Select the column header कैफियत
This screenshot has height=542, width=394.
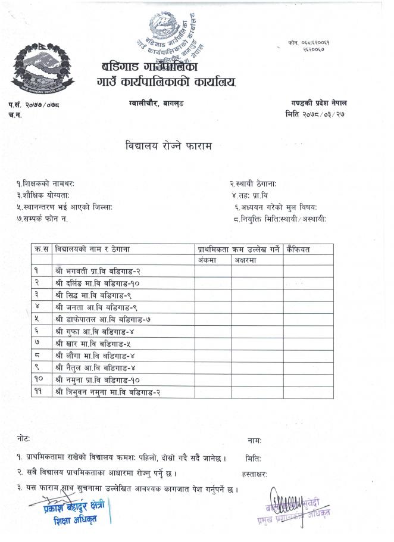(x=298, y=248)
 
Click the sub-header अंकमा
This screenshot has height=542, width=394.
(x=206, y=260)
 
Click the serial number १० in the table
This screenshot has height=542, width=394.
(x=39, y=379)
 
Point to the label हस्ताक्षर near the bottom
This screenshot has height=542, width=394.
(x=255, y=474)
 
